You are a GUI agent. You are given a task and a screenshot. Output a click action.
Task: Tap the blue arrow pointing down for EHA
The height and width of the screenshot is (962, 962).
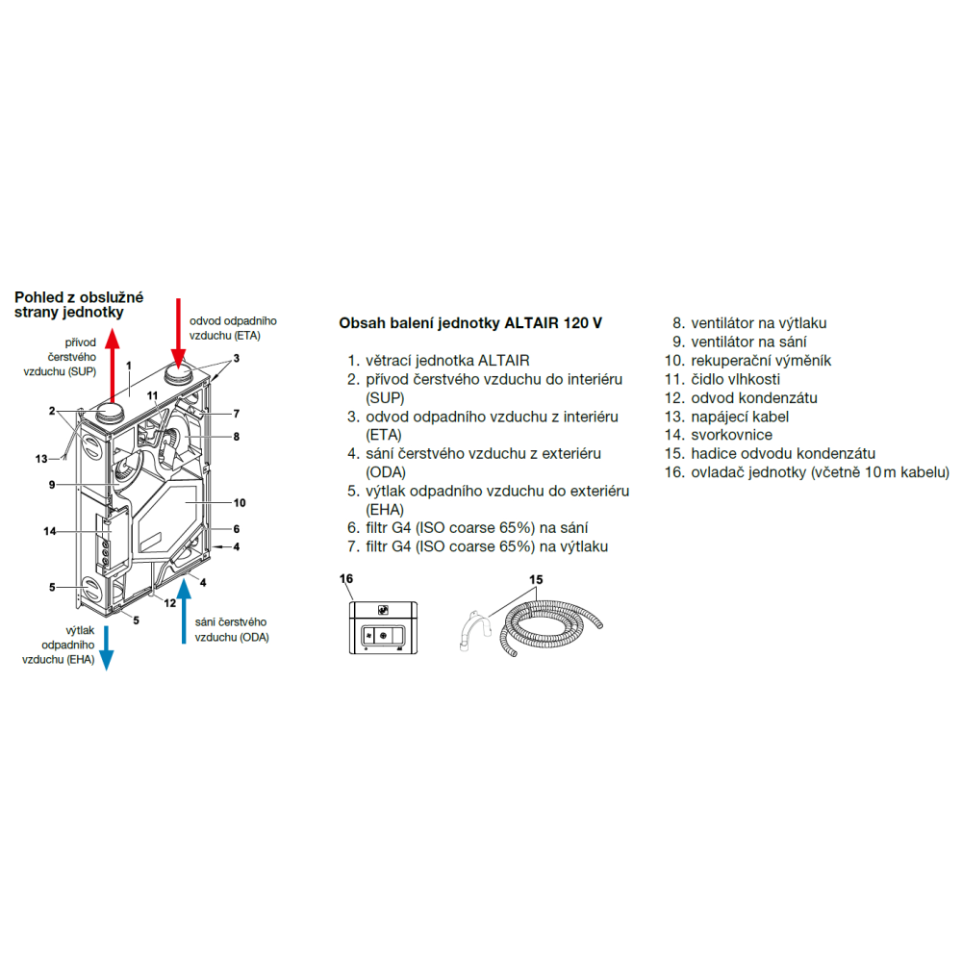click(107, 645)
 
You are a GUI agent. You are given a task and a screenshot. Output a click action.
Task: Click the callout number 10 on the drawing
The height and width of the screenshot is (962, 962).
click(240, 502)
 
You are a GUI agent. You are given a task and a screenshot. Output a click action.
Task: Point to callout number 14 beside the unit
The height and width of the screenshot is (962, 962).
click(51, 530)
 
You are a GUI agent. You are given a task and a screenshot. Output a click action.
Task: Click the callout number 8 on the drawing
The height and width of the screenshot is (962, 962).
click(236, 436)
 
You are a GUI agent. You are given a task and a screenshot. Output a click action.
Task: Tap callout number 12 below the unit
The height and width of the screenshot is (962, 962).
click(170, 603)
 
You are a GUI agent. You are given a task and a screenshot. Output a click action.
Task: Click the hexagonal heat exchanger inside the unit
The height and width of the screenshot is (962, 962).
click(173, 519)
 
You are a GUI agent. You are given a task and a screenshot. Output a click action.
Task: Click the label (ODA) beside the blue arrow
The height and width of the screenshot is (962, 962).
click(255, 637)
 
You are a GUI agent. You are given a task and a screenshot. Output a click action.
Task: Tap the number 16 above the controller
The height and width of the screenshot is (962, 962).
click(347, 579)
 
